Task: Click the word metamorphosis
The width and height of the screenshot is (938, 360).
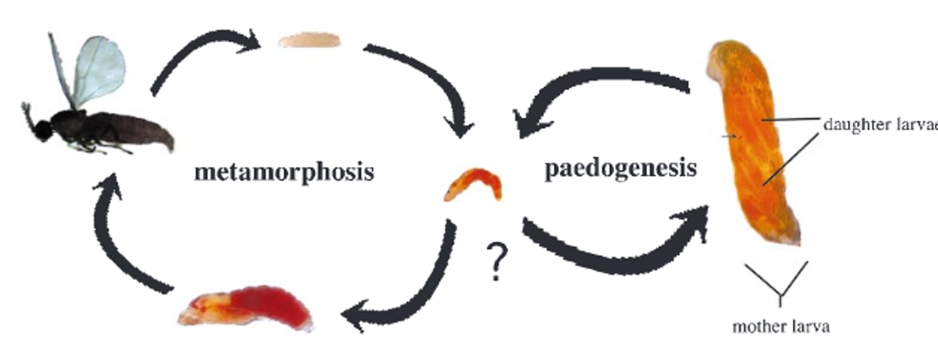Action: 284,172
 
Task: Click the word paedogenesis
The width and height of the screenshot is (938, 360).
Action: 620,168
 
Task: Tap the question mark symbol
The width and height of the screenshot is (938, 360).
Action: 495,262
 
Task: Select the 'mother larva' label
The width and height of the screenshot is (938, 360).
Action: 780,326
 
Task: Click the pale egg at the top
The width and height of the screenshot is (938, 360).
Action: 310,41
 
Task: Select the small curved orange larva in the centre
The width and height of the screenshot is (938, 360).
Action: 473,184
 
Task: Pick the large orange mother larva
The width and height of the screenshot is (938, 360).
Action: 753,143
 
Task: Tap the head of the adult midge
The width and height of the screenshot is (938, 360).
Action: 42,129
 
